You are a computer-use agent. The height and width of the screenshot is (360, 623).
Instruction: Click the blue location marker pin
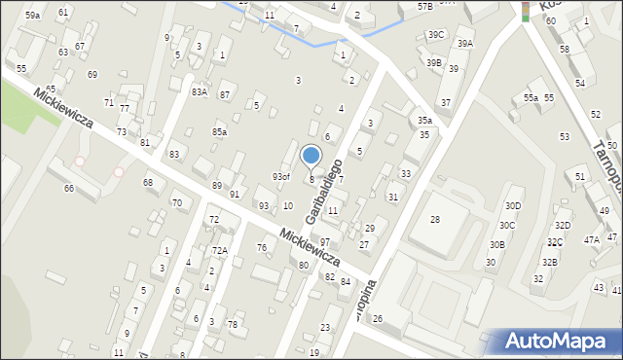click(311, 156)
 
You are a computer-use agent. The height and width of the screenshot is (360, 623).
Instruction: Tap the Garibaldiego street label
click(324, 192)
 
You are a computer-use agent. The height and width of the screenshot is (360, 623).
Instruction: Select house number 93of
click(280, 176)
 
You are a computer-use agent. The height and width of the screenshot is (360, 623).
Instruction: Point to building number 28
click(435, 220)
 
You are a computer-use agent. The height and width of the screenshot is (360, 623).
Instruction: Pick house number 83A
click(199, 91)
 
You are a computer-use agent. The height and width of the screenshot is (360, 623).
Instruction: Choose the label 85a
click(220, 131)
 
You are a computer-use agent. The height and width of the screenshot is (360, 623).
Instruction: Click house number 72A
click(220, 251)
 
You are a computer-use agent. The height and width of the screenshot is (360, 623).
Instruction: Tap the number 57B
click(425, 6)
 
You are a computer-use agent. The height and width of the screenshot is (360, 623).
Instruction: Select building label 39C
click(435, 35)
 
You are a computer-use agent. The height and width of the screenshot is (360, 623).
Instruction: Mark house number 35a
click(425, 120)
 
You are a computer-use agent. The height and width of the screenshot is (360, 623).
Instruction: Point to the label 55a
click(531, 98)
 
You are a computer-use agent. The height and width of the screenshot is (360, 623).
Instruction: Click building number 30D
click(513, 205)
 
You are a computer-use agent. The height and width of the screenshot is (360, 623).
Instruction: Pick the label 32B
click(550, 262)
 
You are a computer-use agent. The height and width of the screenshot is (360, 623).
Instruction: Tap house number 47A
click(591, 239)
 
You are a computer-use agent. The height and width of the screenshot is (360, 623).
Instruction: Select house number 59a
click(32, 16)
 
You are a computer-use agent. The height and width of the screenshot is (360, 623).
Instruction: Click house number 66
click(69, 188)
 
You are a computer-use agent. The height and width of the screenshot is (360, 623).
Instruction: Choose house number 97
click(325, 241)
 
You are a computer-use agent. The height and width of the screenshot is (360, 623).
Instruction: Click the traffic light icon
click(526, 12)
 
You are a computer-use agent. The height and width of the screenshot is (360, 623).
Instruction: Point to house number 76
click(261, 248)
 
